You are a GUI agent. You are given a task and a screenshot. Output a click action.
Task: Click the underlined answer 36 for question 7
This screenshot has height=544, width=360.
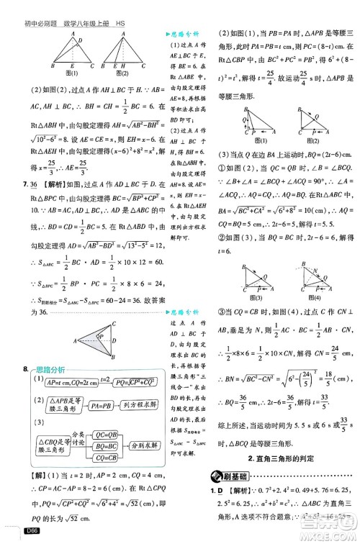[x=32, y=184]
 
